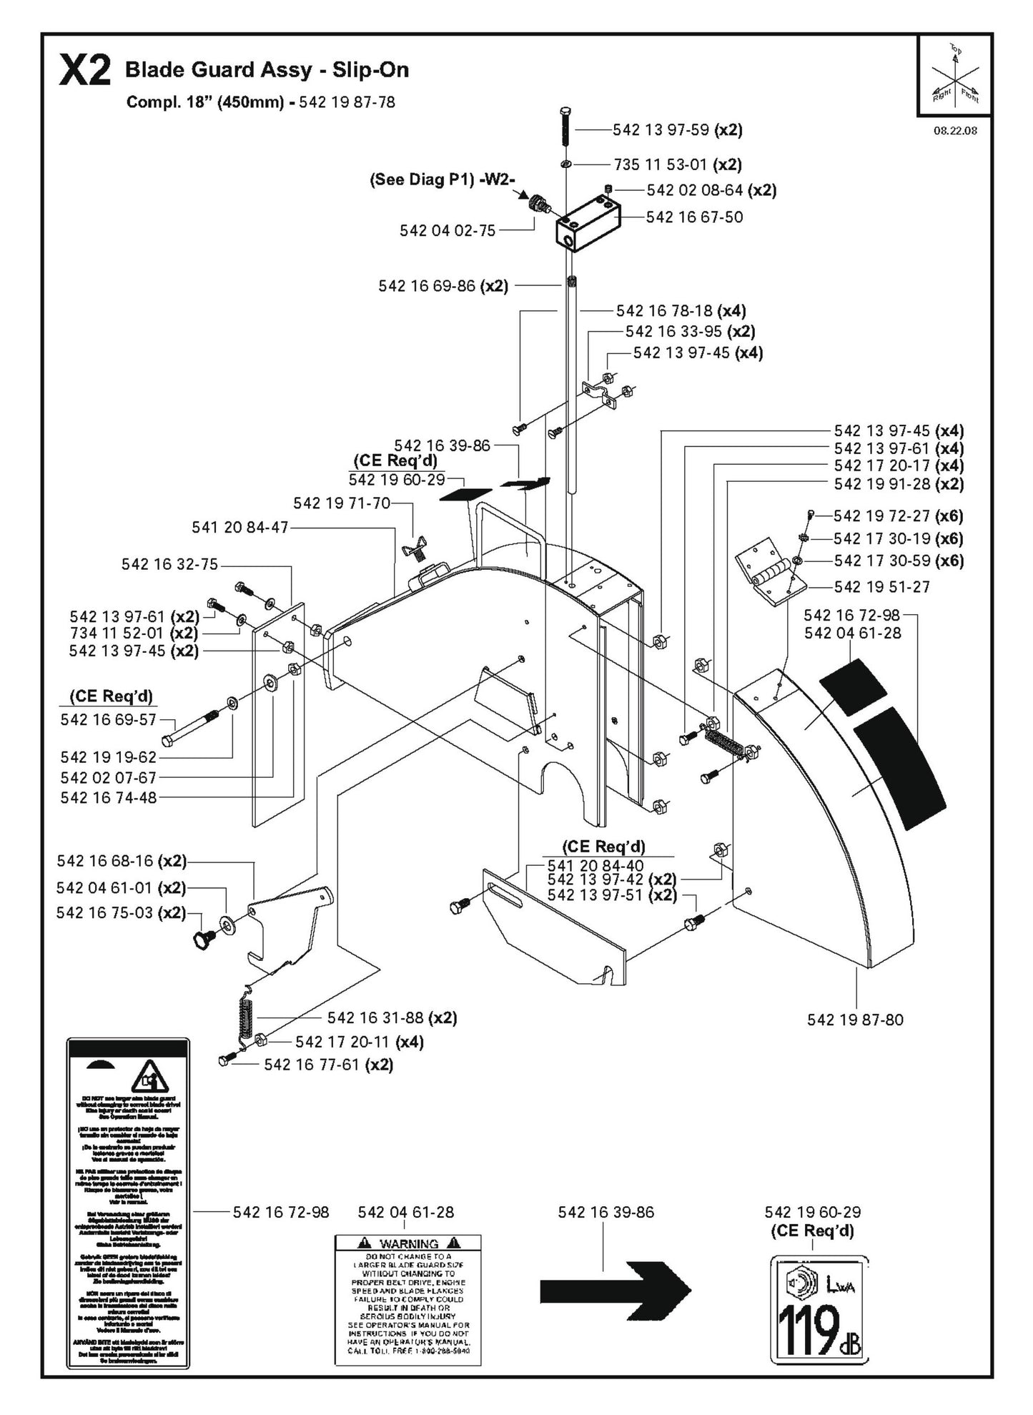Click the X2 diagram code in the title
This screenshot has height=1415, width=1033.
tap(84, 72)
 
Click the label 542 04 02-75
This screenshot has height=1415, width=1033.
tap(447, 230)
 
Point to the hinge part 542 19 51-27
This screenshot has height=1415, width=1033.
tap(771, 572)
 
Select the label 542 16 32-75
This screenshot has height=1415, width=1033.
tap(169, 564)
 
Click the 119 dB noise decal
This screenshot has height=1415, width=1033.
tap(819, 1309)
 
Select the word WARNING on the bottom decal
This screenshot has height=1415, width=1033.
tap(408, 1243)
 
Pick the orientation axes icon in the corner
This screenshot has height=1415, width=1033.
tap(954, 74)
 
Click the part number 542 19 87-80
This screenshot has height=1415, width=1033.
tap(855, 1020)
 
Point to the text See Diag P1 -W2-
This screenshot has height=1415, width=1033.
tap(442, 180)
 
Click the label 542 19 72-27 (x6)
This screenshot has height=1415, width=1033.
tap(898, 516)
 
